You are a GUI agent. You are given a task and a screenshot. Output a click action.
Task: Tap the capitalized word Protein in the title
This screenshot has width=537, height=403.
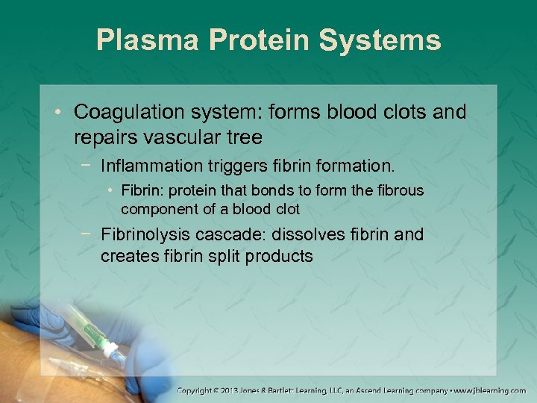[254, 40]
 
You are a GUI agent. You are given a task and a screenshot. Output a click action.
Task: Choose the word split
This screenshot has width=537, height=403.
[225, 256]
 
